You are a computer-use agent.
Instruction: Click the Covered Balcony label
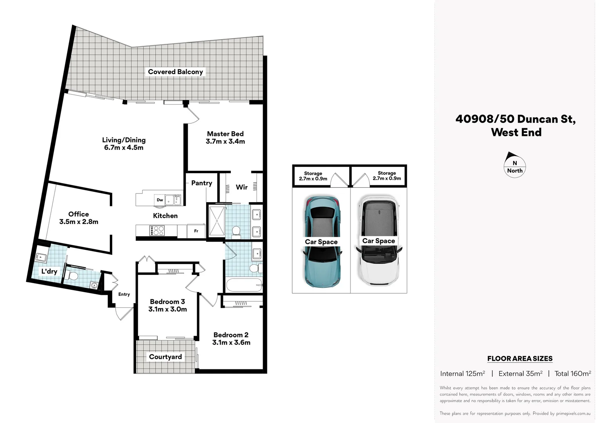tap(175, 72)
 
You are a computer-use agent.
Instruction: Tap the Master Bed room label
tap(225, 134)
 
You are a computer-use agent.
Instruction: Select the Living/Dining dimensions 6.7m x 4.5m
tap(123, 148)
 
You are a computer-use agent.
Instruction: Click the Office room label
tap(78, 214)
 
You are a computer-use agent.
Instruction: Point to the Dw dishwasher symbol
tap(160, 200)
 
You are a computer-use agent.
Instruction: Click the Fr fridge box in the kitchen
tap(196, 231)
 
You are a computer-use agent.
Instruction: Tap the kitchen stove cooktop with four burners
tap(157, 230)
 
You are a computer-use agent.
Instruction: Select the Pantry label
tap(201, 183)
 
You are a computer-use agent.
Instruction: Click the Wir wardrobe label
tap(241, 187)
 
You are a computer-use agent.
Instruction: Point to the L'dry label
tap(49, 271)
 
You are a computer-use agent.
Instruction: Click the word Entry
tap(124, 294)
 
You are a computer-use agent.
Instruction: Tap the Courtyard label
tap(165, 357)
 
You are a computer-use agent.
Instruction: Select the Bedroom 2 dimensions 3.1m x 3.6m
tap(231, 342)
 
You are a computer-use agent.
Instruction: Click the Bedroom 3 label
tap(167, 302)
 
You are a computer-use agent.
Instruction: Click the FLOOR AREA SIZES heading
tap(520, 358)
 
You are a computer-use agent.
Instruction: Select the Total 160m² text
tap(572, 374)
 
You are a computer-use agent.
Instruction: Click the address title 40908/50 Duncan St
tap(516, 119)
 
